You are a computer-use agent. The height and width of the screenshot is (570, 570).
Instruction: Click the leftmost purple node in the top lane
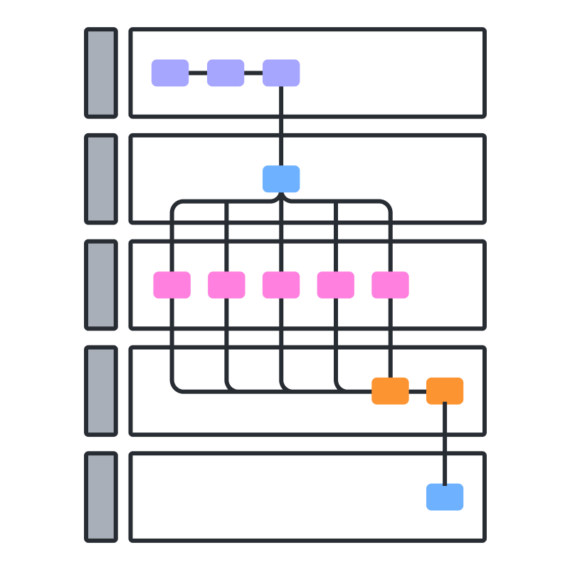tap(170, 73)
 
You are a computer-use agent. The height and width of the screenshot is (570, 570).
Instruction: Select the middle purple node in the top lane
tap(226, 73)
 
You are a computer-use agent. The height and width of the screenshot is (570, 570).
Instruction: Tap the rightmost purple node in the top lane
tap(281, 73)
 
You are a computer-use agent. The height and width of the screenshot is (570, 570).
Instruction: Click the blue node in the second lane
tap(281, 179)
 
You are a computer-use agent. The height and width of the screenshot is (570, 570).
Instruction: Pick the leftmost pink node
tap(172, 285)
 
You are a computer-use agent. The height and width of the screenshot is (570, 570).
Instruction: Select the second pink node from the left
tap(226, 285)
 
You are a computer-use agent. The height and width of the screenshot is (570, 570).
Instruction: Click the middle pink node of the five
tap(281, 285)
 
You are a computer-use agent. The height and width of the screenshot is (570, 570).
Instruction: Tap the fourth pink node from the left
tap(336, 285)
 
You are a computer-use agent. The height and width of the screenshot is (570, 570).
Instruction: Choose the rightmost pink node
tap(390, 285)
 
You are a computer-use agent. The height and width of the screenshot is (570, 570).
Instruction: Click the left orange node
tap(390, 391)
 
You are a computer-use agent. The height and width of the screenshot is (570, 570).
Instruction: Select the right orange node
tap(445, 391)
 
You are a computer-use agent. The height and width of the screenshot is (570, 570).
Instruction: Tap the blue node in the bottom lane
tap(445, 497)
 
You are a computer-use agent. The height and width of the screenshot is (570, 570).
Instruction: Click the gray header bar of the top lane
tap(101, 73)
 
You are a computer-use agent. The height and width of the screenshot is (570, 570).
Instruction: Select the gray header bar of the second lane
tap(101, 179)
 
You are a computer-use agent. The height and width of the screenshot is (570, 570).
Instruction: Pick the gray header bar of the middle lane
tap(101, 285)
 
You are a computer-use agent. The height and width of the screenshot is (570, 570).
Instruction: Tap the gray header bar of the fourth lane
tap(101, 390)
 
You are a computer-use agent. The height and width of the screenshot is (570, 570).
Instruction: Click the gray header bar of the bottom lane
tap(101, 497)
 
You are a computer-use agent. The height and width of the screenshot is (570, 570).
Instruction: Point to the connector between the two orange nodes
tap(418, 391)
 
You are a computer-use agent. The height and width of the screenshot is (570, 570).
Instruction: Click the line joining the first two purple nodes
tap(198, 73)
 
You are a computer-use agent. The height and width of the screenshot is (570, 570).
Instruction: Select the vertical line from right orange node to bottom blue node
tap(445, 444)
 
